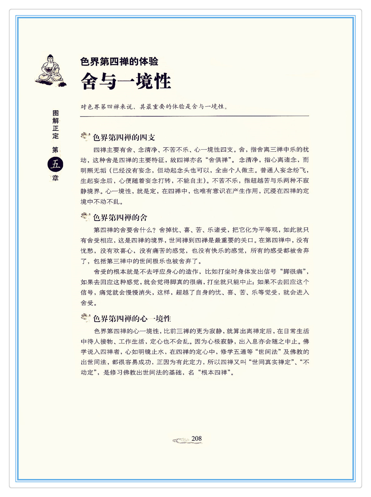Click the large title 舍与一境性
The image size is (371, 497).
pos(126,81)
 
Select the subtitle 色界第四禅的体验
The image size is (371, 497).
pos(119,61)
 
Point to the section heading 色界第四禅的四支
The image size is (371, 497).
pos(124,137)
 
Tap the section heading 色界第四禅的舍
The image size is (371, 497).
pos(120,217)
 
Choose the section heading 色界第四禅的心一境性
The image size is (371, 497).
pos(132,319)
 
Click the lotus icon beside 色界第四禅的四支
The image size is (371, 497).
pos(85,136)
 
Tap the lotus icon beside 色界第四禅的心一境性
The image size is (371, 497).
pos(85,318)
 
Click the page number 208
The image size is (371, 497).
pos(196,439)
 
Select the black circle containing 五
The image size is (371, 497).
pos(55,164)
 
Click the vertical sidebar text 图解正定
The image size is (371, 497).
pos(56,124)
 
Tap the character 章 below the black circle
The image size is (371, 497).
pos(55,178)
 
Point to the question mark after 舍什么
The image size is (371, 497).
pos(154,230)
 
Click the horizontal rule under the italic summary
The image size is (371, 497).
pos(194,116)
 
